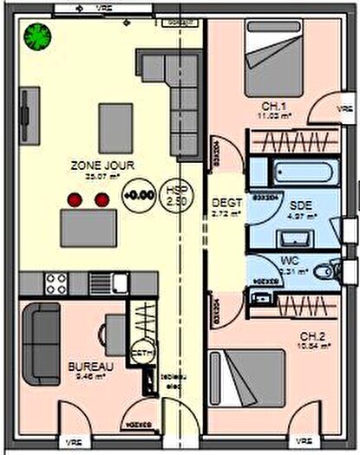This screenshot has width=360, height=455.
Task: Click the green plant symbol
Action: point(37,36)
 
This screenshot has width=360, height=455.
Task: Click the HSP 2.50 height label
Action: point(177,195)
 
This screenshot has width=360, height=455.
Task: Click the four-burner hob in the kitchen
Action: point(57,283)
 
